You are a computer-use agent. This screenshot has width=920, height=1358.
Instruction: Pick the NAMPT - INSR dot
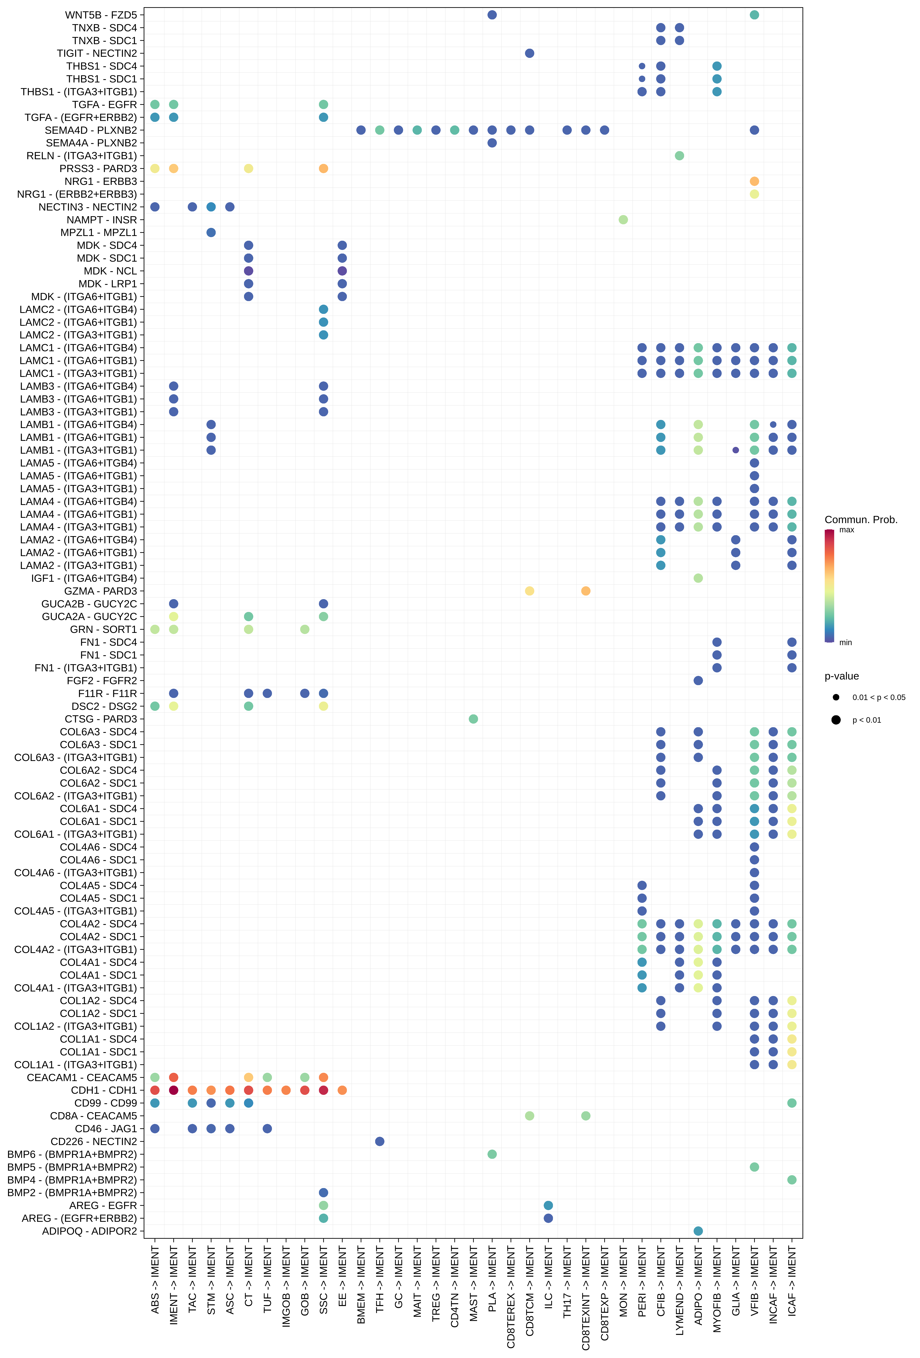(623, 220)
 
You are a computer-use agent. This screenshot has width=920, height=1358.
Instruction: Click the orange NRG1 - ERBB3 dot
(754, 181)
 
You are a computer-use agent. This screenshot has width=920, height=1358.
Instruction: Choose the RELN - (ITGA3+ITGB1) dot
(679, 155)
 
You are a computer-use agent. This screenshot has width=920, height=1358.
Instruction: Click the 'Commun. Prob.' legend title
(860, 520)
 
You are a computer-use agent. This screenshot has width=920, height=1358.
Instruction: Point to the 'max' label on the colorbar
(846, 530)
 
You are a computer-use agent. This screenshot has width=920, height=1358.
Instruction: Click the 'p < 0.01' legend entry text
(866, 720)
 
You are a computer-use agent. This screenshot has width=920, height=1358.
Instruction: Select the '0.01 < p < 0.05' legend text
(878, 697)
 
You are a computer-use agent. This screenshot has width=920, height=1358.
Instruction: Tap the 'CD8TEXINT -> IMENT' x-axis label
(586, 1297)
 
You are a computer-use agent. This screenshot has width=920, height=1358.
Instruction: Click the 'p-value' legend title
(841, 676)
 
